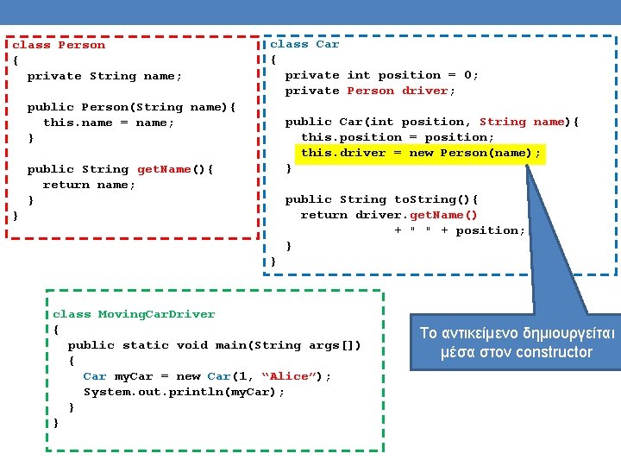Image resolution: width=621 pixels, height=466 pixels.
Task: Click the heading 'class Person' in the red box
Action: [59, 45]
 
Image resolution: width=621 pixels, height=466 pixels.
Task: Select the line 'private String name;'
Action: [104, 76]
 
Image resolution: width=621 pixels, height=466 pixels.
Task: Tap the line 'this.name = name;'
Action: [109, 123]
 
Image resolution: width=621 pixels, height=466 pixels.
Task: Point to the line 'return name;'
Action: [89, 185]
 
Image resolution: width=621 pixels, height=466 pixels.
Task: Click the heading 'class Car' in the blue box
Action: [304, 44]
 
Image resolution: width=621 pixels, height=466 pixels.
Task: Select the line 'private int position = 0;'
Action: [381, 75]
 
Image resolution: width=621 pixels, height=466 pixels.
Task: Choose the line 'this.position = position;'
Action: [398, 137]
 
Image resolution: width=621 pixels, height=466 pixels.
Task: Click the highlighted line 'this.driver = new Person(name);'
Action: [421, 153]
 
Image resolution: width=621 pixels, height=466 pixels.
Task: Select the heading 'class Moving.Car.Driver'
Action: [134, 314]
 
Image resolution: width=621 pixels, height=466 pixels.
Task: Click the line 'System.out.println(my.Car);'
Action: [184, 392]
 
